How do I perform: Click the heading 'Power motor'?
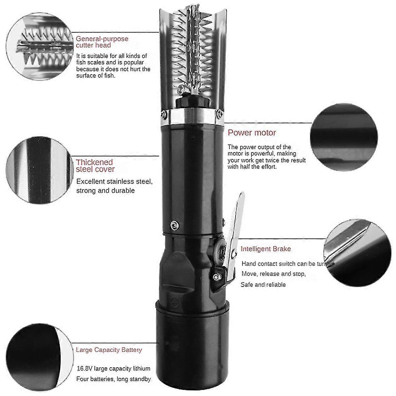pyautogui.click(x=252, y=133)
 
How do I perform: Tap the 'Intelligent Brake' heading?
pyautogui.click(x=266, y=249)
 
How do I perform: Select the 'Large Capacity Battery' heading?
pyautogui.click(x=109, y=350)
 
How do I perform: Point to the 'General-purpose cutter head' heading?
pyautogui.click(x=102, y=42)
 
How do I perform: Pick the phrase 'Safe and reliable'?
pyautogui.click(x=263, y=284)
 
